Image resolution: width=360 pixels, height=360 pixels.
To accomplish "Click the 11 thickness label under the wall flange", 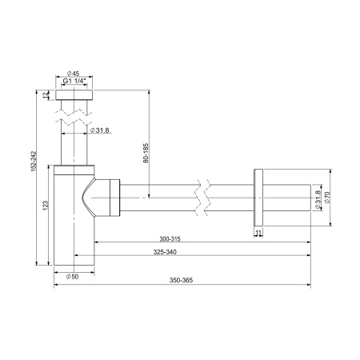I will coord(258,233).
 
